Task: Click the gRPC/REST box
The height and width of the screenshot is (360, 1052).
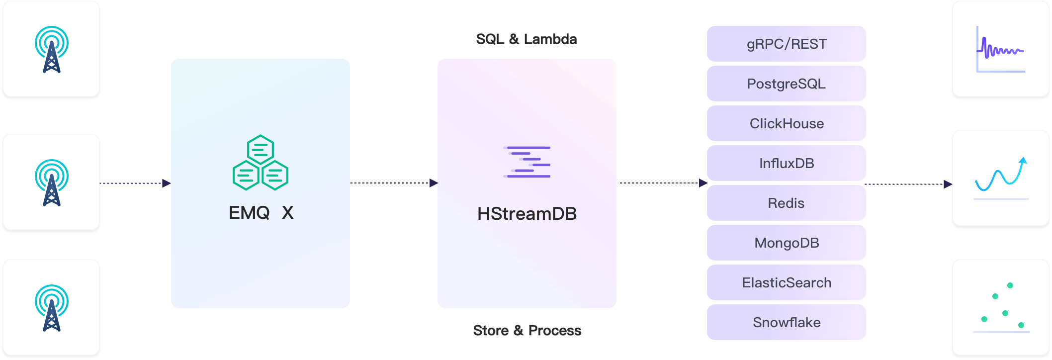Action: coord(786,44)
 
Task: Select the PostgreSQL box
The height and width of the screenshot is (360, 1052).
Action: coord(786,84)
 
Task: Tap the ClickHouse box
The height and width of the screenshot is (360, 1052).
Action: coord(786,123)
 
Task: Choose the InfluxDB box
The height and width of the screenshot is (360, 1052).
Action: coord(786,163)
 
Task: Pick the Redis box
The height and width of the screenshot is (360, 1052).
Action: coord(786,203)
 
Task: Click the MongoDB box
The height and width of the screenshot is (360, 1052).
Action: coord(786,243)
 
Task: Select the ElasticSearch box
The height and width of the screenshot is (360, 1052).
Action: coord(786,282)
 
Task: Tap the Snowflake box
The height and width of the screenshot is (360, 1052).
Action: coord(786,322)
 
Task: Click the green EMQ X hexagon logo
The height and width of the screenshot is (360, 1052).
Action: coord(261,163)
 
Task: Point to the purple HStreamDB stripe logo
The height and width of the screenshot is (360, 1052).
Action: coord(527,162)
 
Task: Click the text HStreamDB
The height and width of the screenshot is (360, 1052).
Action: coord(527,214)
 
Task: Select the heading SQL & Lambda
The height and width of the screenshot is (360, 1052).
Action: coord(526,39)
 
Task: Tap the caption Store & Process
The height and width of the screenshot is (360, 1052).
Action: coord(527,331)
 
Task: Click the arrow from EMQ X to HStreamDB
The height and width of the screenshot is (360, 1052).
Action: coord(394,183)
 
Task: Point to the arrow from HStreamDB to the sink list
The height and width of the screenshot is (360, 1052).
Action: coord(663,183)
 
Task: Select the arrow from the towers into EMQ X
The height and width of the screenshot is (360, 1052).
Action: coord(135,183)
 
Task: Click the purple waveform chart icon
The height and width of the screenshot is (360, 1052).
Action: coord(1000,49)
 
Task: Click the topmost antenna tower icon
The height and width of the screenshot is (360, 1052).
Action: coord(52,49)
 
